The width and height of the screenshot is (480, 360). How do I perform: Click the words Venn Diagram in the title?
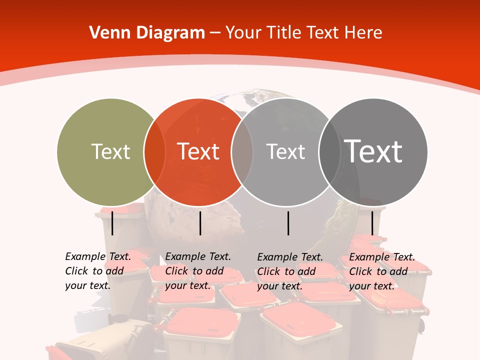click(147, 33)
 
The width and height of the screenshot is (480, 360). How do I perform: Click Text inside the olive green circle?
click(110, 151)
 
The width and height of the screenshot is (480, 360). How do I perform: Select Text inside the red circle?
click(198, 151)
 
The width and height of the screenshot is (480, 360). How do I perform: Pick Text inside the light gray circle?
click(285, 151)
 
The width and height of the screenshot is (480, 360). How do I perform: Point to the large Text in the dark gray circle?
click(373, 151)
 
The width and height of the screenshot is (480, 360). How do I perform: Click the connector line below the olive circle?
click(112, 223)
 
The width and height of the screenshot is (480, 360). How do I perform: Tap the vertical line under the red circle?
click(200, 223)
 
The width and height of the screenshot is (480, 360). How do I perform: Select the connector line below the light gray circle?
click(288, 223)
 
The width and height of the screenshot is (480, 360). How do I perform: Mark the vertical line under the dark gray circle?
click(372, 223)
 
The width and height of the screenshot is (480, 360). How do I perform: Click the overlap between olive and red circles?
click(154, 151)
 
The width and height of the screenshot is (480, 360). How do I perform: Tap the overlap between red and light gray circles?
click(242, 151)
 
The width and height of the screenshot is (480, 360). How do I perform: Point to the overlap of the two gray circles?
click(329, 151)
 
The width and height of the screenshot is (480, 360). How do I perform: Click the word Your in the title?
click(244, 33)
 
